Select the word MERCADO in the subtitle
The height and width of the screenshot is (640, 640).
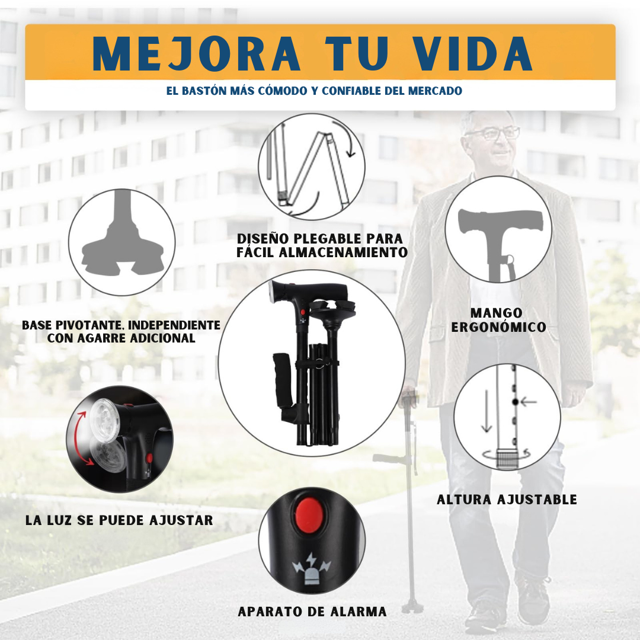point(435,91)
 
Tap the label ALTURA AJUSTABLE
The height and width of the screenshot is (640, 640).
point(507,500)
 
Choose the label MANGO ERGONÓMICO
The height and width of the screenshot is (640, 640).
point(498,320)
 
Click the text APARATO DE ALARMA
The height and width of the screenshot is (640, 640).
point(312,612)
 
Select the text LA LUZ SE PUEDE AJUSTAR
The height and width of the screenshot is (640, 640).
point(119,520)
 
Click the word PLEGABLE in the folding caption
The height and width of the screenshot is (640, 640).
point(338,239)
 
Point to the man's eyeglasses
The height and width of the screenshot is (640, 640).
point(491,133)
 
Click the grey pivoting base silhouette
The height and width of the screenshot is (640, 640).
point(121,249)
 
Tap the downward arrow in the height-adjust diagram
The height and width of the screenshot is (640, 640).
point(487,411)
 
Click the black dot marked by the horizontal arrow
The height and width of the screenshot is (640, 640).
point(515,402)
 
